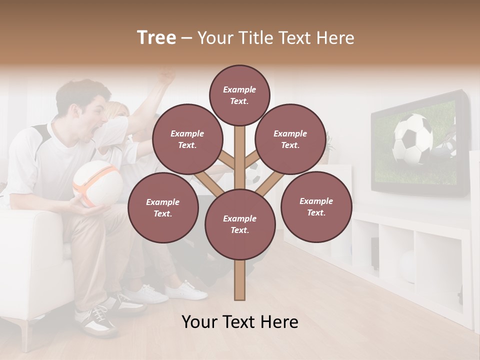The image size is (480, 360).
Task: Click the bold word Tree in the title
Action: click(x=156, y=37)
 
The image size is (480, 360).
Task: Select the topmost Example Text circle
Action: click(x=239, y=95)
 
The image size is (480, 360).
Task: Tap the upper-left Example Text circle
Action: click(x=187, y=139)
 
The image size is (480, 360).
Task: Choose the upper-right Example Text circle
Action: click(x=290, y=139)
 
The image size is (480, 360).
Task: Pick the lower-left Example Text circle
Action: click(x=163, y=207)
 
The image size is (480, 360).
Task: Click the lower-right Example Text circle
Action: click(x=316, y=206)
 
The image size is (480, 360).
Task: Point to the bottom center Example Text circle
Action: click(x=239, y=224)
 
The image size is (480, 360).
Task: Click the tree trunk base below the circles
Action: click(x=239, y=282)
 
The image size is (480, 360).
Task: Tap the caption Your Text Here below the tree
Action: click(x=239, y=322)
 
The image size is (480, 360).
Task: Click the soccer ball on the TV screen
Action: click(x=412, y=139)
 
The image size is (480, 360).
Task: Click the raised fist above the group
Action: click(x=167, y=77)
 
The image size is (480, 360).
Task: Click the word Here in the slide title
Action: click(x=336, y=38)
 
